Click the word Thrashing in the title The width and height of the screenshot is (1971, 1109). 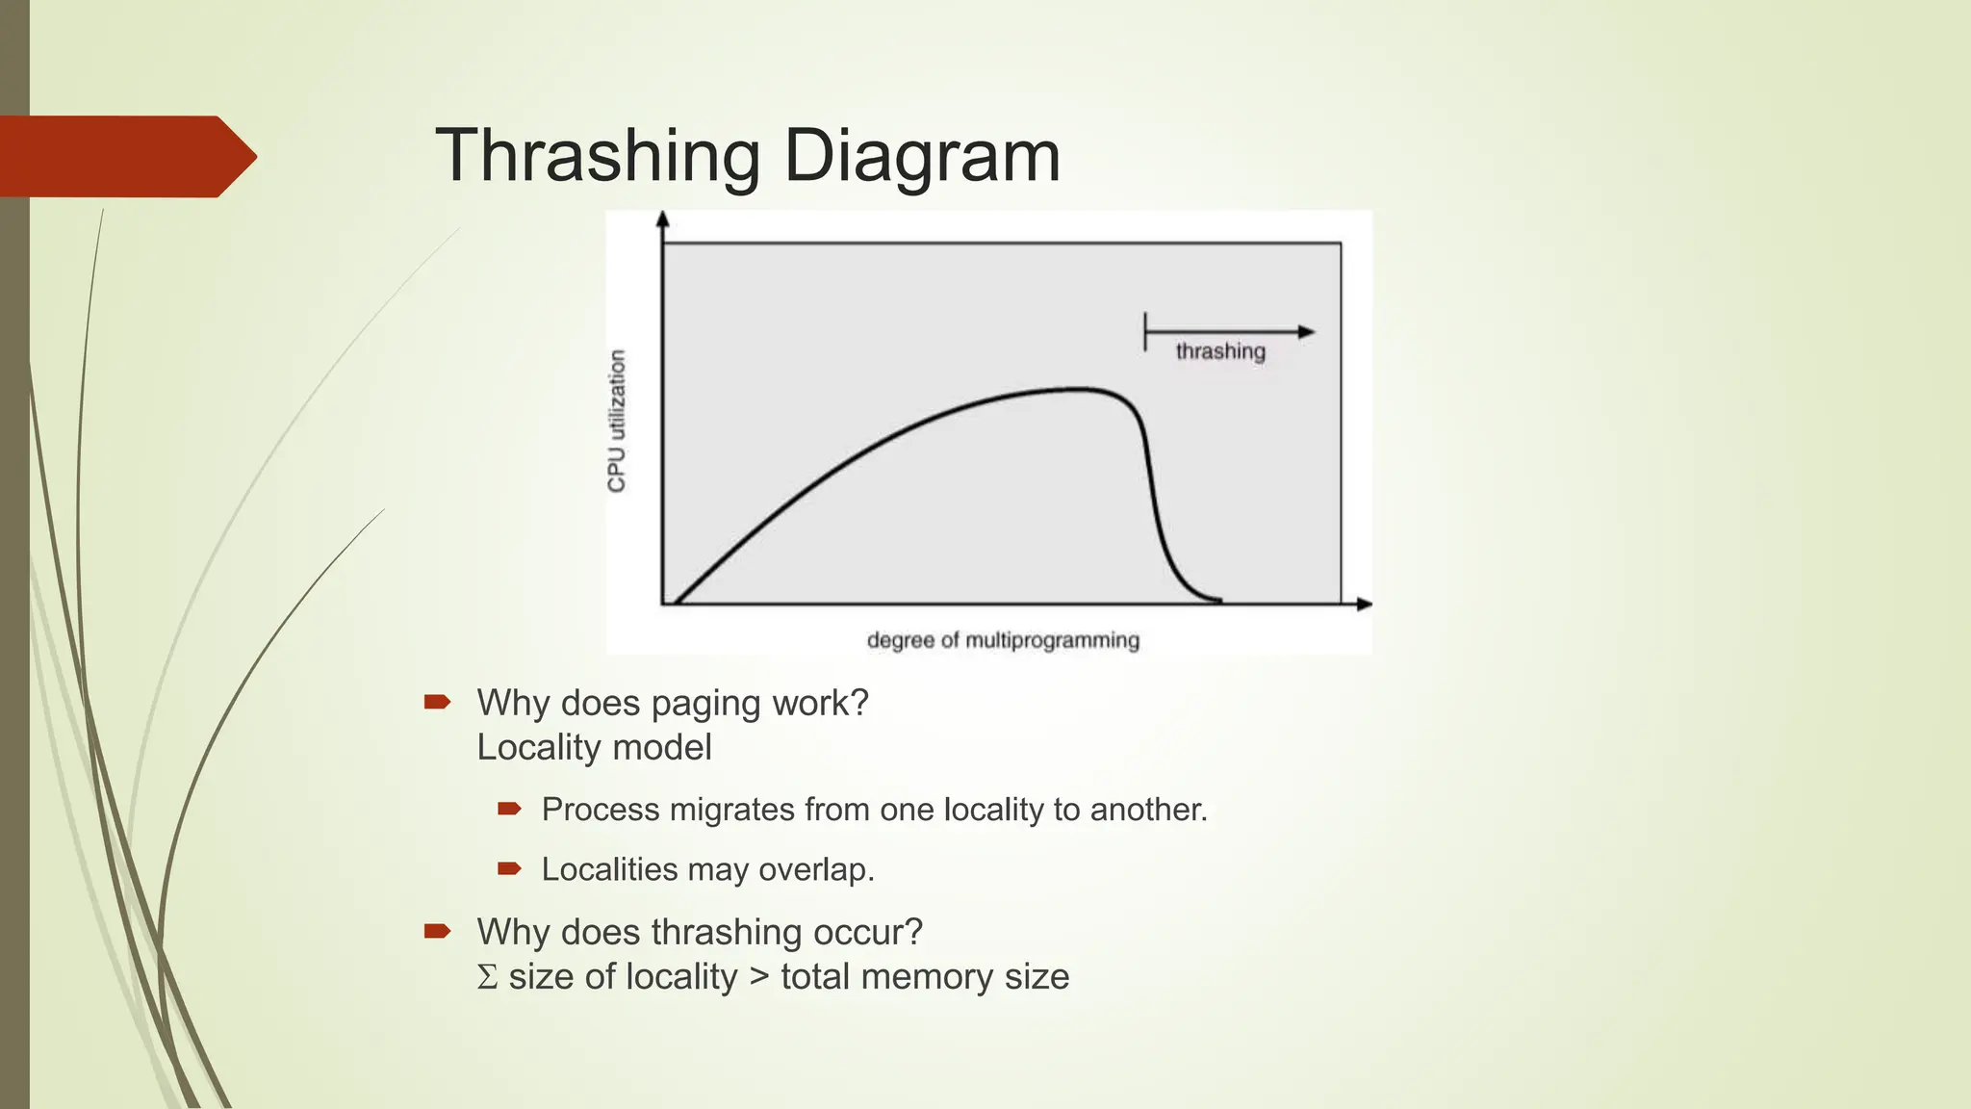click(x=598, y=156)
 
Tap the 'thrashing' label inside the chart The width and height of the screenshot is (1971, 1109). click(x=1219, y=351)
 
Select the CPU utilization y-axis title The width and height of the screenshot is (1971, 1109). click(x=617, y=421)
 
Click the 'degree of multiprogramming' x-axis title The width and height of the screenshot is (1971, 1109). click(x=1003, y=640)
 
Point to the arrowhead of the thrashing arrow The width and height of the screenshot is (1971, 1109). click(x=1306, y=332)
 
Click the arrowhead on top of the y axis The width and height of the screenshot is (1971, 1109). click(x=662, y=219)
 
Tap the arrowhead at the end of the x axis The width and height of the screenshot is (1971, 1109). click(x=1364, y=605)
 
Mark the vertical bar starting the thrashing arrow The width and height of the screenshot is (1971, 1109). click(x=1145, y=332)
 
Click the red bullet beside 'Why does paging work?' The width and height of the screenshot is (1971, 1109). click(x=437, y=702)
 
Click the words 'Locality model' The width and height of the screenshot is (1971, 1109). click(x=594, y=748)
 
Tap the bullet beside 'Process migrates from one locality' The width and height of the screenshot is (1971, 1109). click(x=509, y=809)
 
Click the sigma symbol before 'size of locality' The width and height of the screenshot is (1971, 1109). click(x=488, y=977)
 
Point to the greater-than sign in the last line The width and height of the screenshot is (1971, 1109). click(x=759, y=977)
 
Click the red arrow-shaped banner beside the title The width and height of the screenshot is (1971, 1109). click(x=125, y=156)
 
